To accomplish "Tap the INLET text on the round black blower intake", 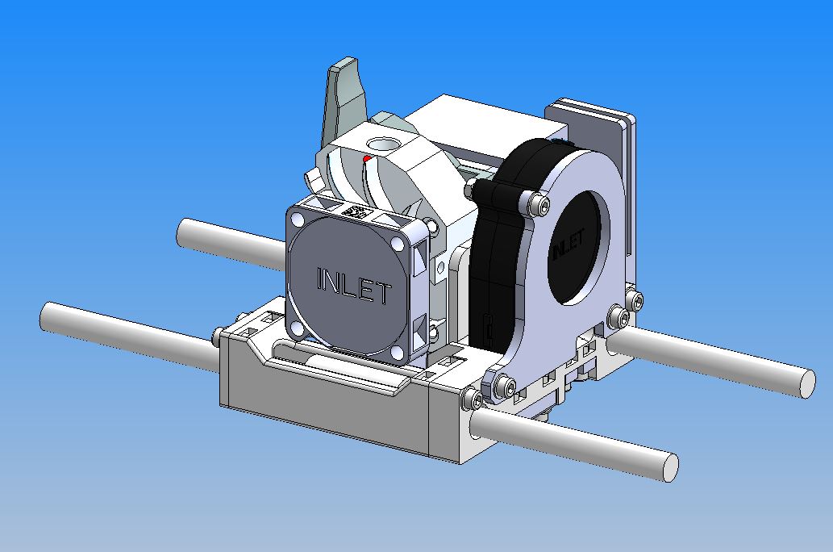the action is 569,244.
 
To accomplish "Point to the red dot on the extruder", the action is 367,158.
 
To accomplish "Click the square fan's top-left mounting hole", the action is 298,219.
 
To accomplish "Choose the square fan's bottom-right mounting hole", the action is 396,352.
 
